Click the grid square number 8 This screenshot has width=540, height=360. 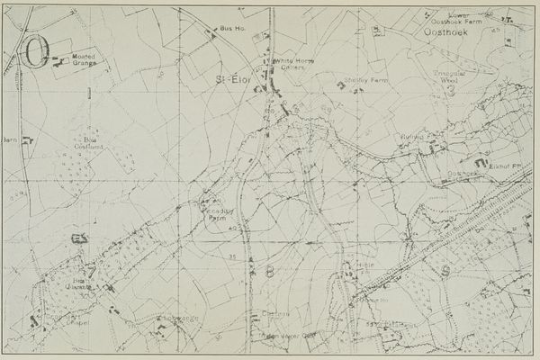click(268, 269)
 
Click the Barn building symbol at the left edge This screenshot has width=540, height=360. click(28, 139)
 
